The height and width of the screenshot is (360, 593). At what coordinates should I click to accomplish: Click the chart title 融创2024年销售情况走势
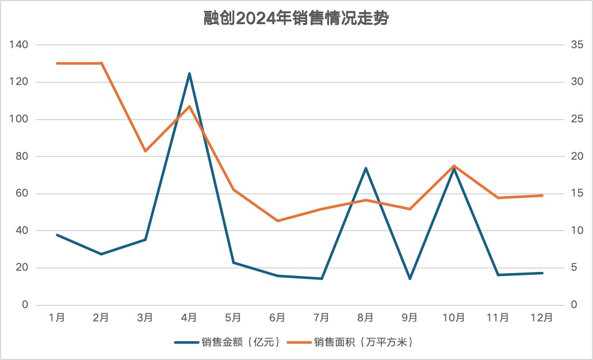coord(296,19)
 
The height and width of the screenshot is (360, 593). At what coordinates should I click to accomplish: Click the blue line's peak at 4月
coord(189,74)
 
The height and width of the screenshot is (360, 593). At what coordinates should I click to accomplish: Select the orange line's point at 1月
coord(58,63)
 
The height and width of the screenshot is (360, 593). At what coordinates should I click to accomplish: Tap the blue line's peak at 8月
coord(365,168)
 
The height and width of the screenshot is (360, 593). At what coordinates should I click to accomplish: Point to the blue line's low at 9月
coord(410,279)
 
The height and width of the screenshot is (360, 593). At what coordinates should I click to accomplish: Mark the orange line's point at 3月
coord(146,151)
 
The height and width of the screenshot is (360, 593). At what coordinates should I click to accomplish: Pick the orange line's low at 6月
coord(277,221)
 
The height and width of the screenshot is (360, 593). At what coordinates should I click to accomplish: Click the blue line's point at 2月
coord(101,254)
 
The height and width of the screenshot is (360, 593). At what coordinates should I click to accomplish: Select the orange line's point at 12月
coord(542,196)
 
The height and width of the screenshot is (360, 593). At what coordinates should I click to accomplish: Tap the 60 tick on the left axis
coord(22,193)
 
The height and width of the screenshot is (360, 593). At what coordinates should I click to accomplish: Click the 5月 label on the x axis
coord(233,317)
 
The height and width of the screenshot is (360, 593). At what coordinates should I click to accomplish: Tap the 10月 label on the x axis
coord(453,317)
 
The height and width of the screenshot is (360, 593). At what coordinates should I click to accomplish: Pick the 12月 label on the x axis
coord(542,317)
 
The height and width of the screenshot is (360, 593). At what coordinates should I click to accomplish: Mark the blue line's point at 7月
coord(322,278)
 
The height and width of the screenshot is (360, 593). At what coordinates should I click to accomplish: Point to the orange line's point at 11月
coord(498,198)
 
